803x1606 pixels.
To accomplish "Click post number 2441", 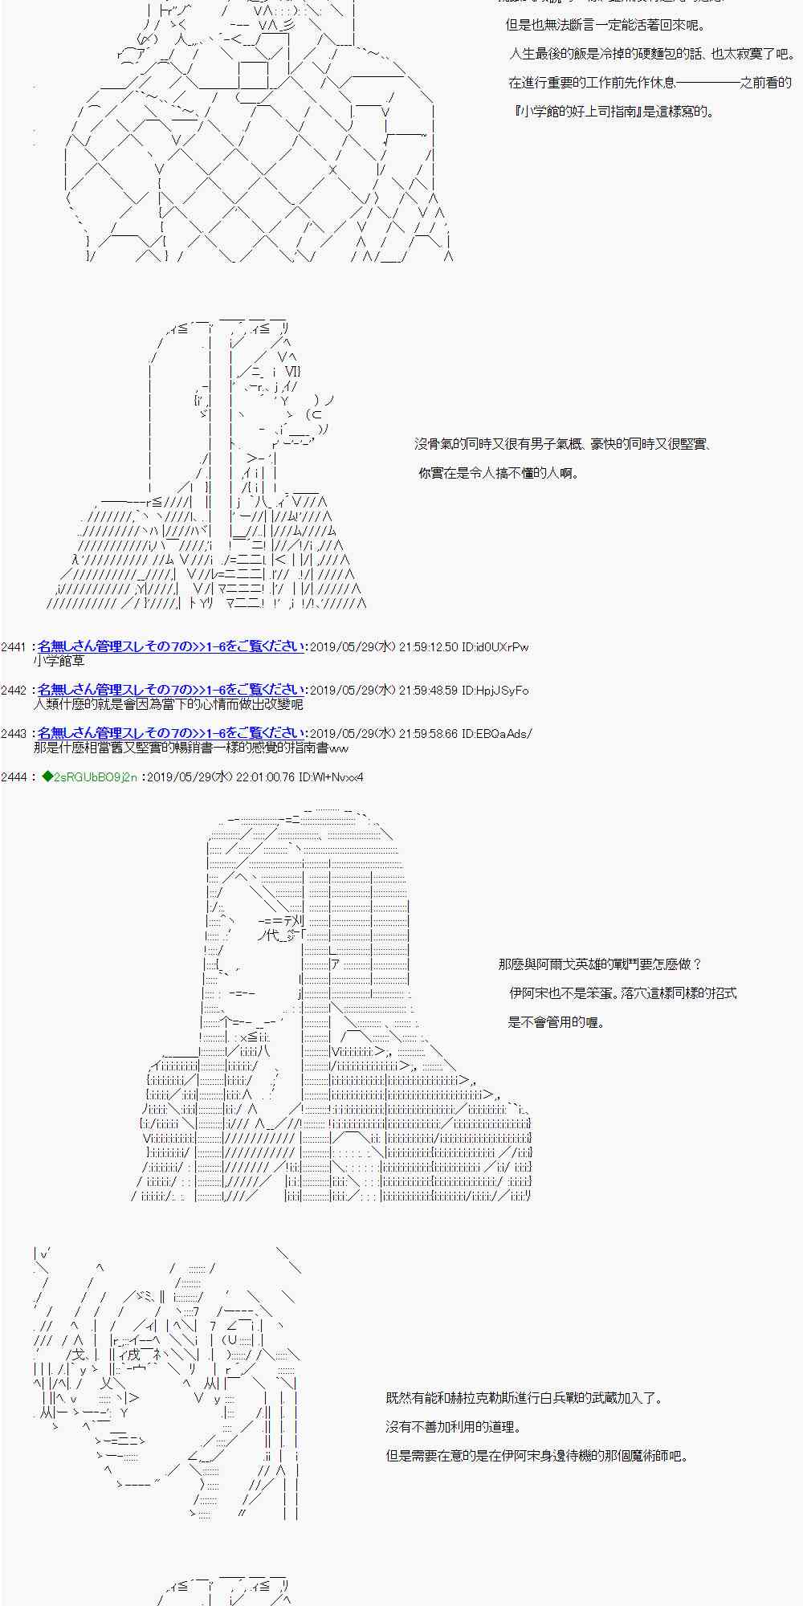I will pyautogui.click(x=14, y=647).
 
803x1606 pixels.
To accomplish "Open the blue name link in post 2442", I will pyautogui.click(x=171, y=691).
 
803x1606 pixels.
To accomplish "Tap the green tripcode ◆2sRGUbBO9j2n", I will pyautogui.click(x=90, y=777).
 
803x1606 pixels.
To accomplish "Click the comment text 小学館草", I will pyautogui.click(x=59, y=662).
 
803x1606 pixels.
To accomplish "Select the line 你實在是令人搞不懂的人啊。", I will pyautogui.click(x=498, y=474).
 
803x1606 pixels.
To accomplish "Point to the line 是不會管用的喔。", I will pyautogui.click(x=556, y=1022).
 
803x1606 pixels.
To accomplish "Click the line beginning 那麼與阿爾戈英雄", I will pyautogui.click(x=600, y=964).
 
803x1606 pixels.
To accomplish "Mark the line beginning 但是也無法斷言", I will pyautogui.click(x=605, y=26).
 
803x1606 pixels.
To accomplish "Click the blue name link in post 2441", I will pyautogui.click(x=171, y=647).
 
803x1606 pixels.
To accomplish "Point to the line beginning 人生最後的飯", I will pyautogui.click(x=651, y=55).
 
